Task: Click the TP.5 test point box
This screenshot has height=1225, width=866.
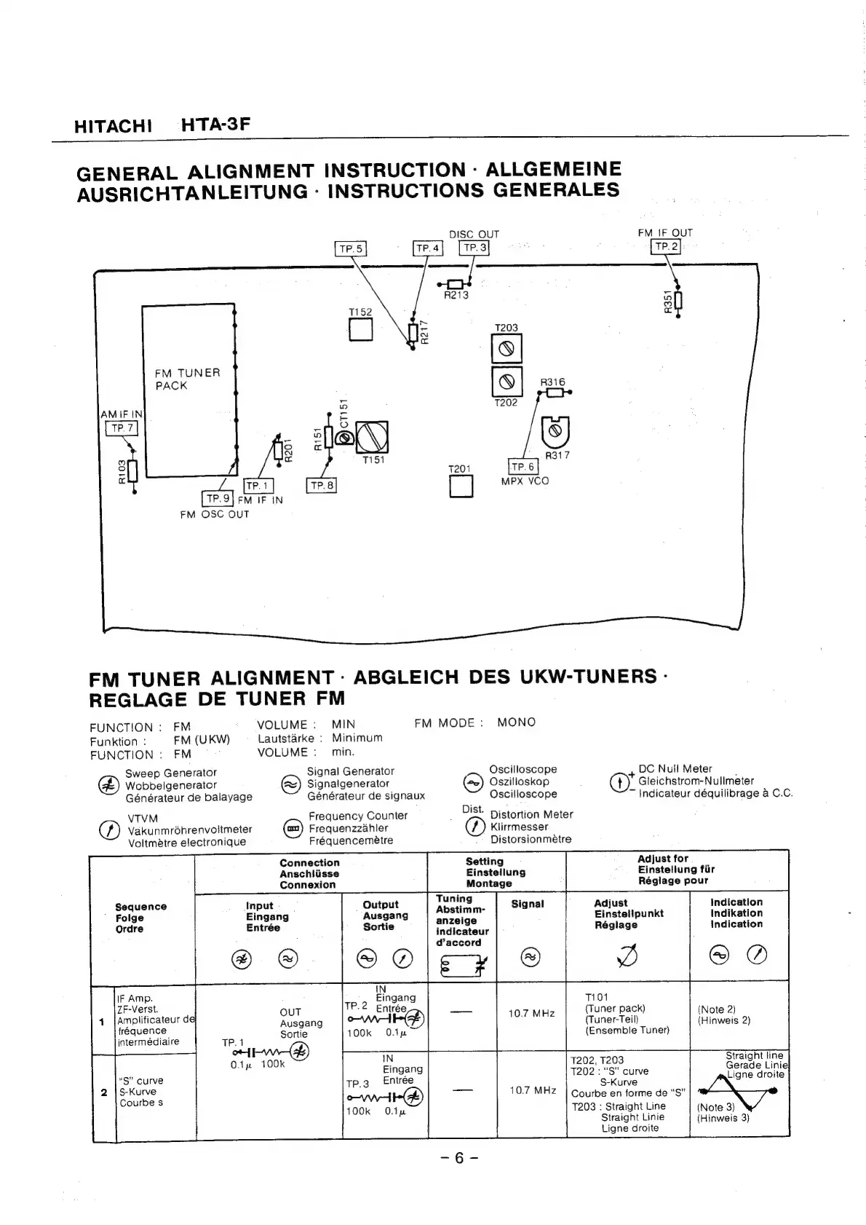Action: pyautogui.click(x=350, y=249)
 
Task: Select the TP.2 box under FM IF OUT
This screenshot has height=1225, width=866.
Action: pyautogui.click(x=666, y=247)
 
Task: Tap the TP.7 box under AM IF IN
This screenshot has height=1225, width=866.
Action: pyautogui.click(x=122, y=428)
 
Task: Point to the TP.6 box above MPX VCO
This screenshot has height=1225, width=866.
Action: pyautogui.click(x=523, y=467)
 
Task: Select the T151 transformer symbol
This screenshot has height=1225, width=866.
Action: pyautogui.click(x=372, y=437)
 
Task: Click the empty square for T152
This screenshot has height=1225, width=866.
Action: pyautogui.click(x=360, y=331)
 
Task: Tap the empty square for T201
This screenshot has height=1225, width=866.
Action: pyautogui.click(x=460, y=486)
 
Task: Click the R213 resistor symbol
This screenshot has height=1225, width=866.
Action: pyautogui.click(x=456, y=284)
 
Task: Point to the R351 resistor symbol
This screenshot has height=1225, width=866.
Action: pyautogui.click(x=678, y=300)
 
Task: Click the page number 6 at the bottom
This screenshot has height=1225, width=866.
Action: pyautogui.click(x=458, y=1158)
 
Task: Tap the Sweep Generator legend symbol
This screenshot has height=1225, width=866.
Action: pyautogui.click(x=109, y=785)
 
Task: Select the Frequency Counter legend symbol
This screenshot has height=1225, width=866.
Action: pyautogui.click(x=293, y=828)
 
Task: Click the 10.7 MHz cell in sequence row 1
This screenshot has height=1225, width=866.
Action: pyautogui.click(x=531, y=1013)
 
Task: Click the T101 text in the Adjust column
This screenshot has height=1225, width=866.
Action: pyautogui.click(x=597, y=997)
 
